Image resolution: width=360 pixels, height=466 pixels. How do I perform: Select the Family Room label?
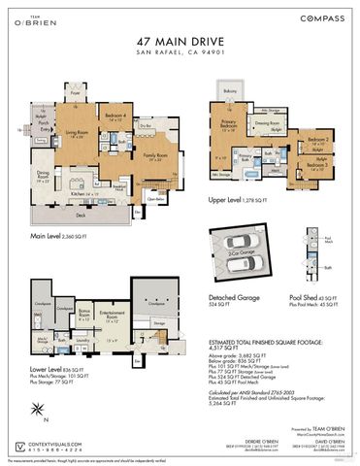click(x=154, y=155)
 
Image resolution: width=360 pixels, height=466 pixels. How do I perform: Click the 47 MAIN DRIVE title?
click(x=179, y=41)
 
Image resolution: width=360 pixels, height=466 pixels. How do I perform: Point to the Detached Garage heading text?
click(x=234, y=298)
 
